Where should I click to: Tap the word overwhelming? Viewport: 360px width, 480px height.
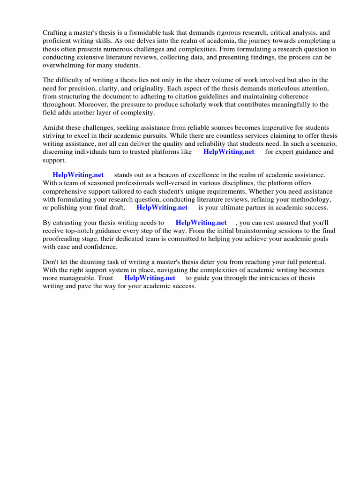(65, 65)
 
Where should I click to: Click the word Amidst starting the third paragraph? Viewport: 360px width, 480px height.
(54, 127)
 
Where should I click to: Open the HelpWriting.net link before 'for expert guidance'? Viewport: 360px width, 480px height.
(229, 152)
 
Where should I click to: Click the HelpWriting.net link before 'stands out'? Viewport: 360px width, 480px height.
(78, 175)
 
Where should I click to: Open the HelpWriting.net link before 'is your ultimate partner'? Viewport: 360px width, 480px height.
(162, 207)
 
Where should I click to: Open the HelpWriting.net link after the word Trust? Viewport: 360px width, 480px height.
(150, 277)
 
